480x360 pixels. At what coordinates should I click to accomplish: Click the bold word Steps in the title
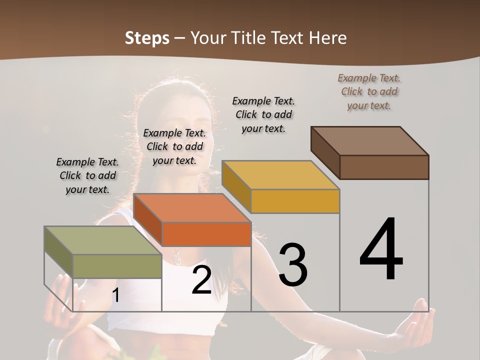point(147,38)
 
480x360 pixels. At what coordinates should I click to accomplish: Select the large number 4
point(381,249)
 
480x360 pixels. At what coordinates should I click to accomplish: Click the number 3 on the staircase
point(293,265)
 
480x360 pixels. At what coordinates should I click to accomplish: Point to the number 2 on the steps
point(202,280)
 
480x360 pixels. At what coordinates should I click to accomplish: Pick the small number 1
point(115,295)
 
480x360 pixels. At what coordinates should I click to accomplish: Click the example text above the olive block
point(87,175)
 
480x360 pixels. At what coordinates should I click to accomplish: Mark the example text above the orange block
point(174,146)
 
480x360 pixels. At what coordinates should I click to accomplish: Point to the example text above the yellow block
point(263,114)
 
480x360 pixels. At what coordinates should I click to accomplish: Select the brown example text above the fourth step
point(369,91)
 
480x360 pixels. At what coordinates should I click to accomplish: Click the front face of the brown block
point(384,167)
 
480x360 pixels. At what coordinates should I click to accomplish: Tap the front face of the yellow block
point(295,201)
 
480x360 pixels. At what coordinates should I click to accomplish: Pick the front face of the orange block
point(206,234)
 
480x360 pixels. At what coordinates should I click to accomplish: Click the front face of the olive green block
point(117,266)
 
